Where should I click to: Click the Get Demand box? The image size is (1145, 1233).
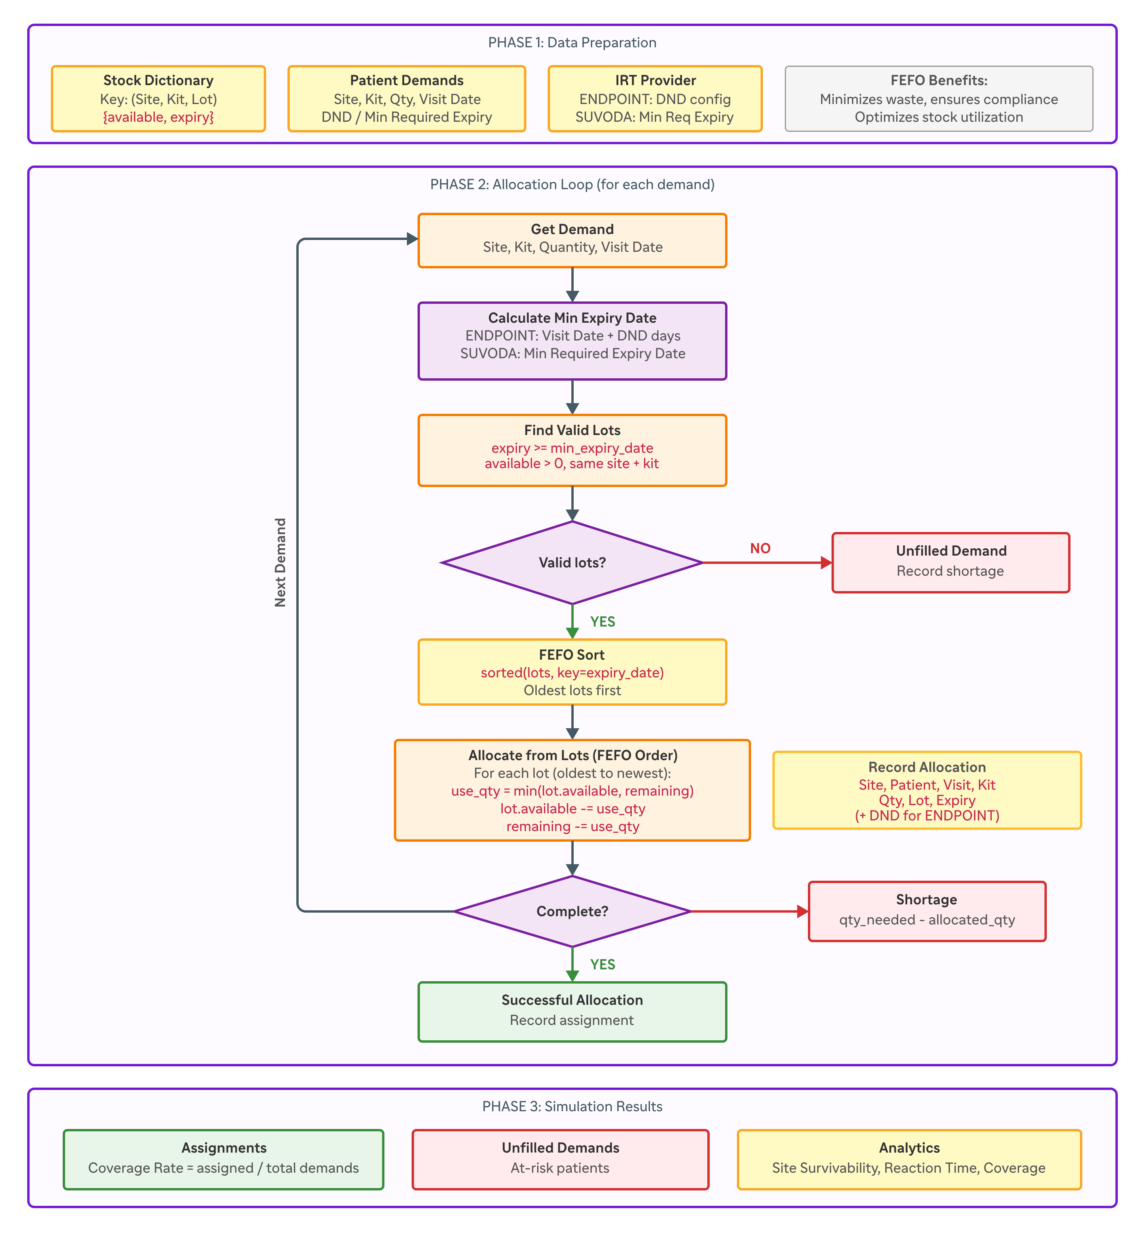pos(572,240)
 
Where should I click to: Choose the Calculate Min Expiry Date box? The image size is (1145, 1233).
pos(572,340)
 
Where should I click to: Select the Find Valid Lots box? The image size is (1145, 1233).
pos(572,450)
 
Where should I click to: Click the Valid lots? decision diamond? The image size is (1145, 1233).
pos(572,562)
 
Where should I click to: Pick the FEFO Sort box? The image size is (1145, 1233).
pos(572,672)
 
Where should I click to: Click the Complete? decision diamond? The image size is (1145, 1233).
pos(572,911)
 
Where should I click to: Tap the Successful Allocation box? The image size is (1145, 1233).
pos(572,1011)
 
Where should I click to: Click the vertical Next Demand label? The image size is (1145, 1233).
pos(280,562)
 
